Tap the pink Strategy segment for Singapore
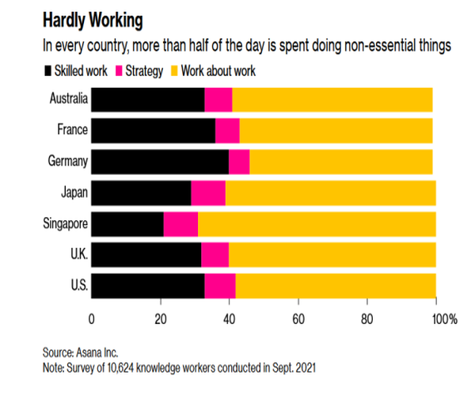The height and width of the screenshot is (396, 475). coord(180,224)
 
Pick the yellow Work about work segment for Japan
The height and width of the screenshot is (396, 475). coord(329,192)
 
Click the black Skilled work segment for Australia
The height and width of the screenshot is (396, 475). coord(148,100)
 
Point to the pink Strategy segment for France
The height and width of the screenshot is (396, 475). coord(227,131)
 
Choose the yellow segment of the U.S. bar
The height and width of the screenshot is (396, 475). coord(335,285)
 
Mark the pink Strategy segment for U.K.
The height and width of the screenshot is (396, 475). coord(215,254)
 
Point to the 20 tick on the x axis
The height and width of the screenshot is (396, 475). coord(161,319)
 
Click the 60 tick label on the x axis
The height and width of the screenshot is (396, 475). coord(298,319)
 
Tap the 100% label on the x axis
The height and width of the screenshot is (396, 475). coord(443,319)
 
